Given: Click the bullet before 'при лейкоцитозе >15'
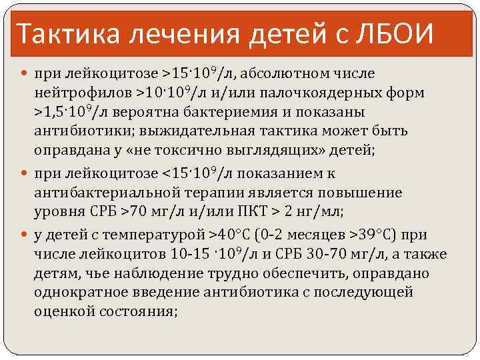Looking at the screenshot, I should click(x=25, y=72).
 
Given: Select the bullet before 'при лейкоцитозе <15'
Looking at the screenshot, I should click(x=25, y=174).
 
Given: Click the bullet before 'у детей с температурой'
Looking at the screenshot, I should click(x=25, y=235).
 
